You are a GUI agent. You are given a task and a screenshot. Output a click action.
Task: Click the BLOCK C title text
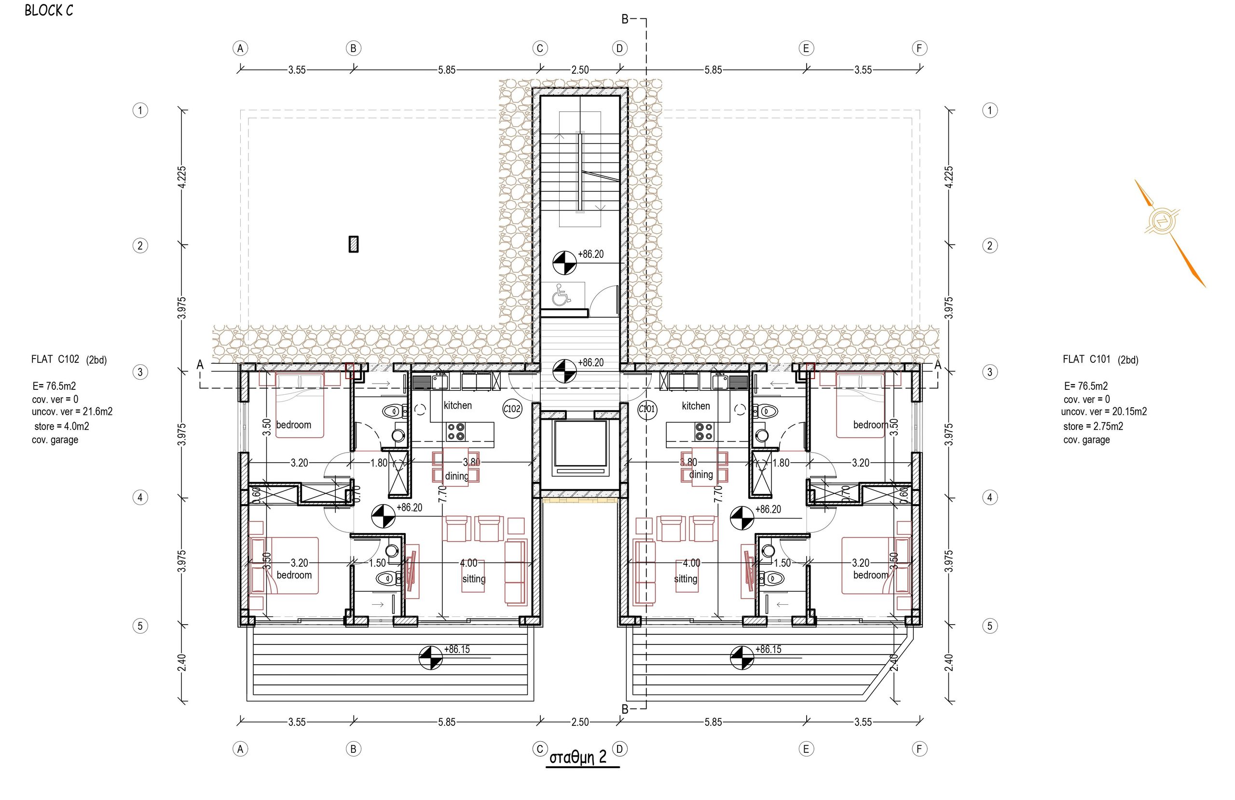pyautogui.click(x=49, y=11)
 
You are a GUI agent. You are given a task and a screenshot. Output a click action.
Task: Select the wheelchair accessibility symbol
pyautogui.click(x=561, y=294)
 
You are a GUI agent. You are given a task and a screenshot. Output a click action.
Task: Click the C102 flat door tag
pyautogui.click(x=512, y=409)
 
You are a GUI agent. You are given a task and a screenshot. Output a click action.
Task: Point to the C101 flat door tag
pyautogui.click(x=647, y=409)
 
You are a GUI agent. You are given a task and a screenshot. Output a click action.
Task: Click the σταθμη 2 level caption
pyautogui.click(x=577, y=758)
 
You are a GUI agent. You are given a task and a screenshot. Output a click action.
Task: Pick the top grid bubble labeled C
pyautogui.click(x=540, y=48)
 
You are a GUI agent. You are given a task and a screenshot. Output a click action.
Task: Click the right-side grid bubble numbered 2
pyautogui.click(x=989, y=245)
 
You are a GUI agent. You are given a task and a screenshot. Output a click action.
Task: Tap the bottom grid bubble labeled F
pyautogui.click(x=919, y=748)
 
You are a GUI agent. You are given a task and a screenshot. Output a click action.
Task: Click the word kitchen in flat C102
pyautogui.click(x=458, y=405)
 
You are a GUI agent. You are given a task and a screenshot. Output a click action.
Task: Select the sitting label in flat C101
pyautogui.click(x=685, y=579)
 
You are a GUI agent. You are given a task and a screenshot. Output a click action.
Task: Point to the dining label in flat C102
pyautogui.click(x=457, y=476)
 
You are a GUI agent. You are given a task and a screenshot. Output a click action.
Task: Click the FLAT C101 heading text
pyautogui.click(x=1086, y=359)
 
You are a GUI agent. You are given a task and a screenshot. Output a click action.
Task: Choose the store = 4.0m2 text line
pyautogui.click(x=62, y=426)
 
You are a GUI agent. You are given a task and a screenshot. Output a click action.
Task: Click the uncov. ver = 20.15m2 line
pyautogui.click(x=1104, y=412)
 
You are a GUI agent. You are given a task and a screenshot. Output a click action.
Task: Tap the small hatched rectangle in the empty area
pyautogui.click(x=354, y=244)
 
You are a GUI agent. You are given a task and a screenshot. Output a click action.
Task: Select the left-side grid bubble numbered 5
pyautogui.click(x=140, y=626)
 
